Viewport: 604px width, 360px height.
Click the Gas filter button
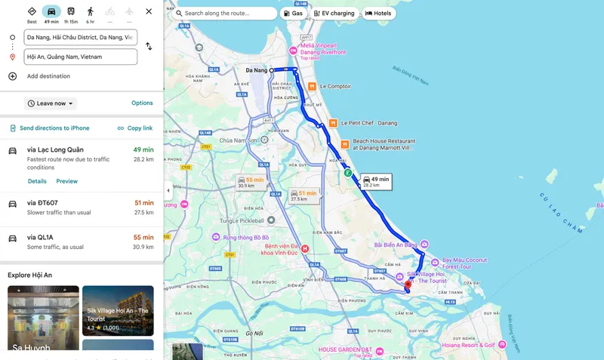pos(293,14)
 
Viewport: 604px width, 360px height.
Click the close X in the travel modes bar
pos(149,12)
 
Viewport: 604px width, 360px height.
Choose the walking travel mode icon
pos(91,12)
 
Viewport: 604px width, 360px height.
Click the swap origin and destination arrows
pos(149,46)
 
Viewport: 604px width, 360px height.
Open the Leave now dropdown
pos(51,103)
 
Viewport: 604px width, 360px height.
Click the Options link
pos(142,103)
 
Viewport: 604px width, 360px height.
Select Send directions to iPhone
pos(49,128)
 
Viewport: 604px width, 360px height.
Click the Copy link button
pos(135,128)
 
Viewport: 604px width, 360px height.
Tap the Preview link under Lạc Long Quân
pos(66,181)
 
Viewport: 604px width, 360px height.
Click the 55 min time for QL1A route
pos(143,238)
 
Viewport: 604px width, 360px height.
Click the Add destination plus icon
pos(12,76)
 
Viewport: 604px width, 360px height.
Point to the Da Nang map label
pos(257,70)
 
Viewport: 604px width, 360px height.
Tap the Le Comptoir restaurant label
pos(335,87)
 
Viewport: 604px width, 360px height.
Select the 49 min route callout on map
pos(375,181)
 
